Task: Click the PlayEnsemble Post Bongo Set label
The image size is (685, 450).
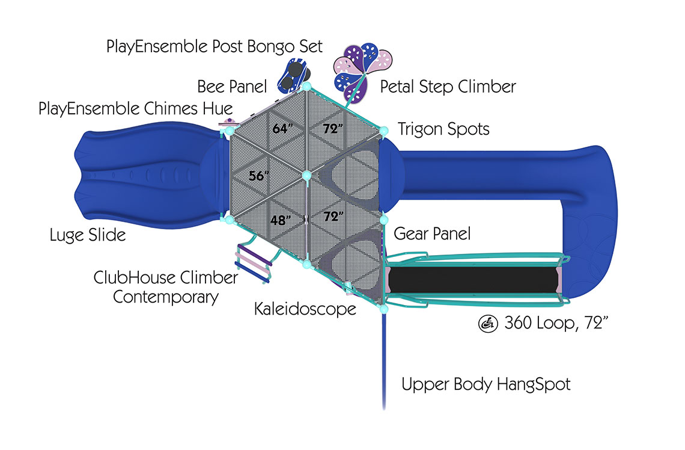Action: pyautogui.click(x=215, y=47)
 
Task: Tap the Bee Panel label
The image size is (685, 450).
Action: pyautogui.click(x=232, y=87)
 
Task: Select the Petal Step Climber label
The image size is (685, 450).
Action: pyautogui.click(x=448, y=87)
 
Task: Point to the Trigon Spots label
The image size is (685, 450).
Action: pyautogui.click(x=443, y=129)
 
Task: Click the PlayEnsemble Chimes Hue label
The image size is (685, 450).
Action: pyautogui.click(x=135, y=109)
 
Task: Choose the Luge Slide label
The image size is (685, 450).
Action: pyautogui.click(x=88, y=235)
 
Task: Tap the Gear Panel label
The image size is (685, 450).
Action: pyautogui.click(x=432, y=233)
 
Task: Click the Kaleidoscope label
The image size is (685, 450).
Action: pyautogui.click(x=305, y=309)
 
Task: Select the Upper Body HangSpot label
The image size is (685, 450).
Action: pyautogui.click(x=486, y=384)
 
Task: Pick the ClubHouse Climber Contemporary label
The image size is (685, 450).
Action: pyautogui.click(x=166, y=287)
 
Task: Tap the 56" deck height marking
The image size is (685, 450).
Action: pyautogui.click(x=260, y=176)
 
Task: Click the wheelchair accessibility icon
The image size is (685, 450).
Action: pyautogui.click(x=487, y=324)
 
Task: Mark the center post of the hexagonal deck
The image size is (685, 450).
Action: pyautogui.click(x=306, y=176)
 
